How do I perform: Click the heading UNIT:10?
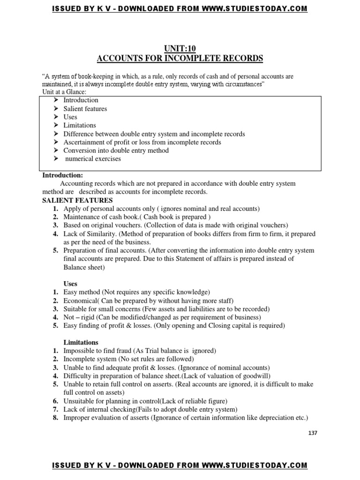(180, 48)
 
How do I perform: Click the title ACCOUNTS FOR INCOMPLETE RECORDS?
(180, 59)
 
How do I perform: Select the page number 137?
(313, 433)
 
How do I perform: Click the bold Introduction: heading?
(62, 175)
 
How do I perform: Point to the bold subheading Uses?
(71, 284)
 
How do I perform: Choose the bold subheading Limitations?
(81, 342)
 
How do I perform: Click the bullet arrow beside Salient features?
(55, 109)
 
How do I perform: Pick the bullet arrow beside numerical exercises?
(55, 159)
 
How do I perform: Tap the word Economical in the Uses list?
(79, 300)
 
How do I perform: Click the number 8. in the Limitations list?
(55, 418)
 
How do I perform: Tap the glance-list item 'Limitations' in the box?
(80, 125)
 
